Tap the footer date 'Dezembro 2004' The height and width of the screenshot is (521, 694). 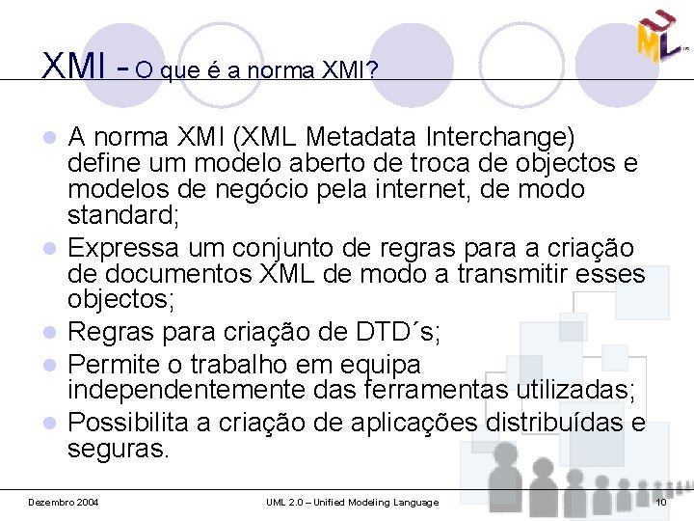63,503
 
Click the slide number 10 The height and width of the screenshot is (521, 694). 660,503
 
